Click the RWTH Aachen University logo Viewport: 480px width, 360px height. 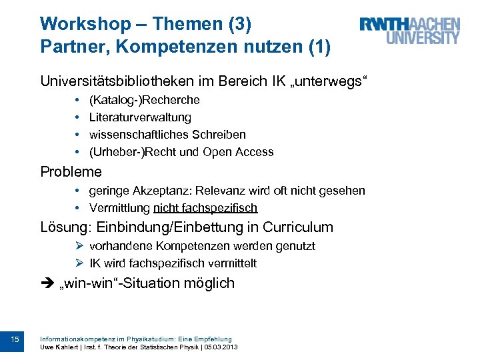pyautogui.click(x=409, y=31)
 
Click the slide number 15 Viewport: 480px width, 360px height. pyautogui.click(x=15, y=340)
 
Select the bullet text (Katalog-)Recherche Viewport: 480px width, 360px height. pyautogui.click(x=144, y=100)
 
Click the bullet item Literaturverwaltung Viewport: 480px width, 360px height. pyautogui.click(x=140, y=117)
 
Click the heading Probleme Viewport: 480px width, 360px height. pyautogui.click(x=71, y=172)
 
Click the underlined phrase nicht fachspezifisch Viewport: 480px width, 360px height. pyautogui.click(x=205, y=208)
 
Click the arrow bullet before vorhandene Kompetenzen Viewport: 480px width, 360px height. pyautogui.click(x=79, y=246)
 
